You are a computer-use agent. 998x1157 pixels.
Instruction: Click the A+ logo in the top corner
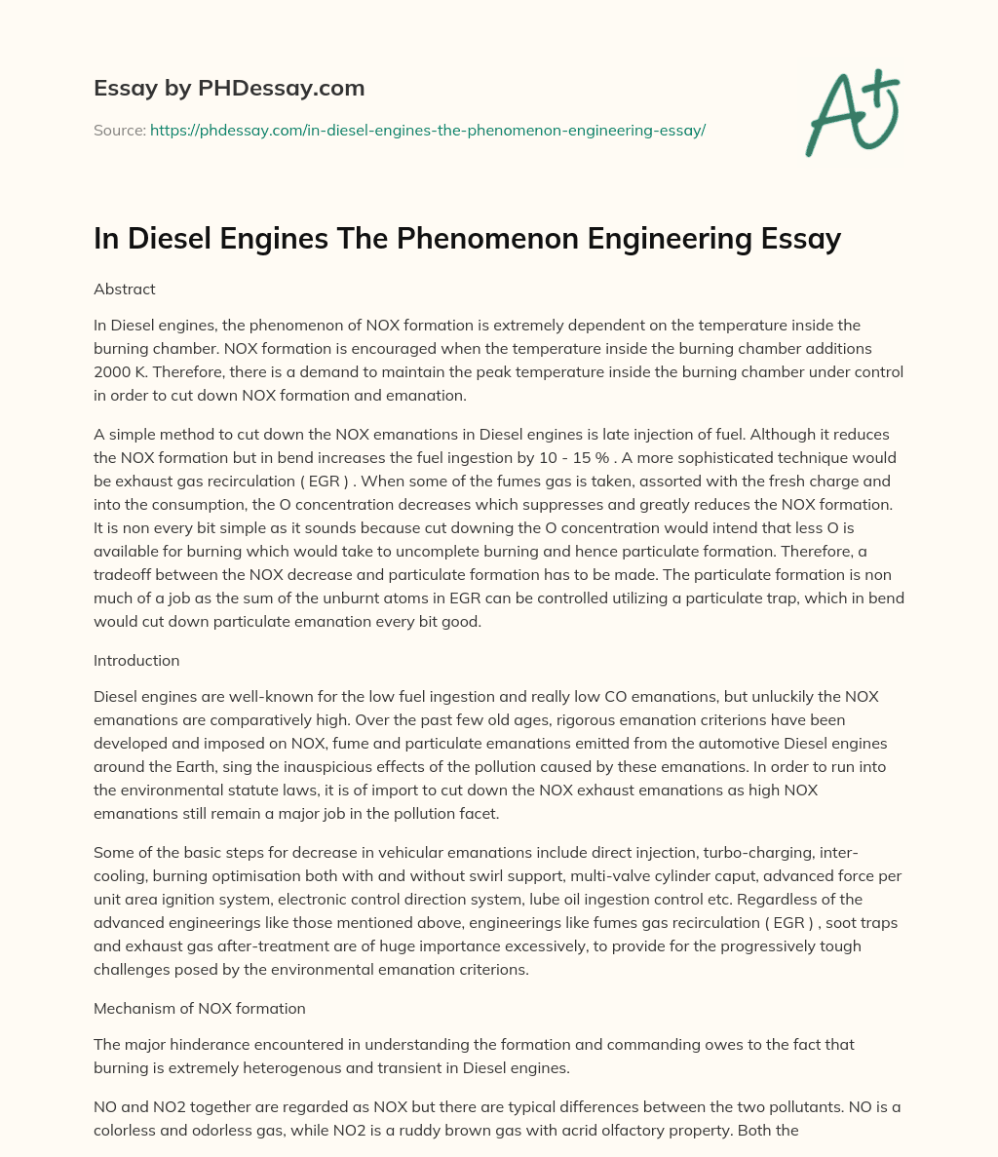click(852, 112)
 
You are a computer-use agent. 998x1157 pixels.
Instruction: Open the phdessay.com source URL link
click(427, 130)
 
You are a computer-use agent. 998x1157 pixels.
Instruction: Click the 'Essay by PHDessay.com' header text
click(229, 88)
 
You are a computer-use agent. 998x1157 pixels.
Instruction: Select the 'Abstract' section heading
click(125, 289)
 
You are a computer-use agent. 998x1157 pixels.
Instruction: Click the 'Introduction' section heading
click(136, 660)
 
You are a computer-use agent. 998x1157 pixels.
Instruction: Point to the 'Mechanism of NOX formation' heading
click(200, 1008)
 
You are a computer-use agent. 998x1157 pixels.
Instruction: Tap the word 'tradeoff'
click(125, 574)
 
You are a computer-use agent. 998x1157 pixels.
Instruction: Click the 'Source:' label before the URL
click(119, 130)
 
